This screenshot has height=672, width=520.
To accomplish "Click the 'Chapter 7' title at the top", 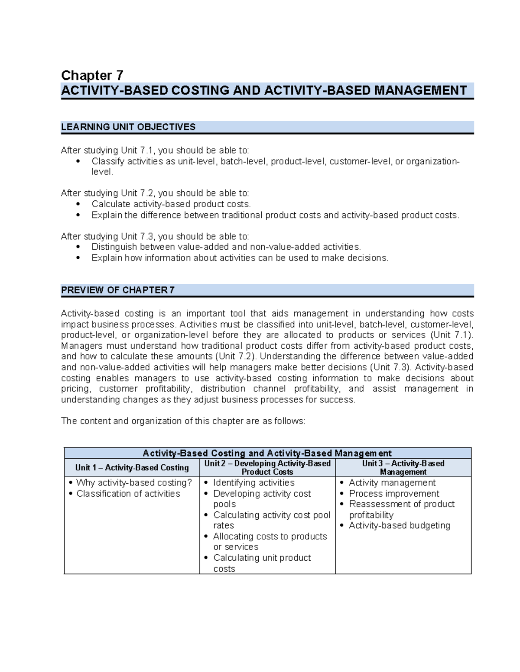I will tap(92, 75).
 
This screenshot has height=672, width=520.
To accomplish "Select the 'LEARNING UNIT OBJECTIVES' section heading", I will tap(128, 127).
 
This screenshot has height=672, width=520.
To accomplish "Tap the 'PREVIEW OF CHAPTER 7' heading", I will tap(118, 290).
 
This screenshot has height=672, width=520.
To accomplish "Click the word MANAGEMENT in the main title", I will tap(420, 90).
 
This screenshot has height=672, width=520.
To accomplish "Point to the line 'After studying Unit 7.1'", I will tap(155, 150).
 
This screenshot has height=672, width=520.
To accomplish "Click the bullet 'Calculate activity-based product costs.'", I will tap(171, 204).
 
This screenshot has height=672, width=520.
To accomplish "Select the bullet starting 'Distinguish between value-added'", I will tap(226, 247).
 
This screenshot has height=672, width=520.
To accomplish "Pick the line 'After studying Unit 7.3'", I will tap(155, 236).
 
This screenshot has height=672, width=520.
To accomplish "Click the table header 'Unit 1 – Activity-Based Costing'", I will tap(132, 468).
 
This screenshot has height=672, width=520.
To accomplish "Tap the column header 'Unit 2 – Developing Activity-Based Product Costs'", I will tap(267, 468).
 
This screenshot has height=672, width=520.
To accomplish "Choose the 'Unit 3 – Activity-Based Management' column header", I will tap(403, 468).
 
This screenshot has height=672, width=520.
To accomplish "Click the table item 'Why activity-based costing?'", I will tap(133, 482).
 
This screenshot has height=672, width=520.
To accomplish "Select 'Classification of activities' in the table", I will tap(128, 493).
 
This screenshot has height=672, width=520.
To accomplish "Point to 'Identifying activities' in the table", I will tap(253, 482).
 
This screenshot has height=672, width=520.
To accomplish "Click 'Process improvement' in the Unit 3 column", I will tap(394, 493).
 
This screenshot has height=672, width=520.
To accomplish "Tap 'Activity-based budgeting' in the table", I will tap(399, 525).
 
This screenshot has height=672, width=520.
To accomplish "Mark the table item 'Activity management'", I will tap(392, 482).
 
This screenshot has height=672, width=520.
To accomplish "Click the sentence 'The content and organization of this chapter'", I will tap(183, 421).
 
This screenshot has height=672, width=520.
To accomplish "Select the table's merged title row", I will tap(267, 453).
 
